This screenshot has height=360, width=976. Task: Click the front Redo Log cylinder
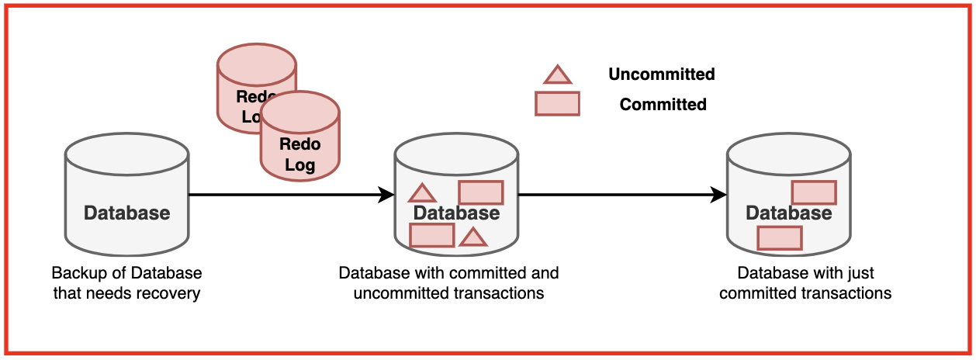299,144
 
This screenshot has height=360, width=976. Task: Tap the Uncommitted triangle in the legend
557,74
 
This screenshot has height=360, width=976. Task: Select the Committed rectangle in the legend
557,103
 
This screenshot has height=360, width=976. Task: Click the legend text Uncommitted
661,74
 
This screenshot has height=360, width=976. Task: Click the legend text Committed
663,104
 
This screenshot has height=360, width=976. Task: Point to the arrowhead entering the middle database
386,195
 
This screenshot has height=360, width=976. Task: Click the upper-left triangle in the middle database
422,193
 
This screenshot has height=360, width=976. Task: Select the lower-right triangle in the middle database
472,237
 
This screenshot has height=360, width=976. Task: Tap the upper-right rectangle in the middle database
481,192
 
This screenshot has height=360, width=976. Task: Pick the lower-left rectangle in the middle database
431,235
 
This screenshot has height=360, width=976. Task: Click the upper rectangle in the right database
813,192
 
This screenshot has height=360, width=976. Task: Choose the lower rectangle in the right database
779,237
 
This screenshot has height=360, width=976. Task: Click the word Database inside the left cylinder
126,213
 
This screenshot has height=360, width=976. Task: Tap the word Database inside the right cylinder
788,213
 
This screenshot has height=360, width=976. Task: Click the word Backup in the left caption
76,273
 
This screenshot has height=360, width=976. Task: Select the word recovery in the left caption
172,293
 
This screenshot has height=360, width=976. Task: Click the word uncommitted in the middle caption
394,293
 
